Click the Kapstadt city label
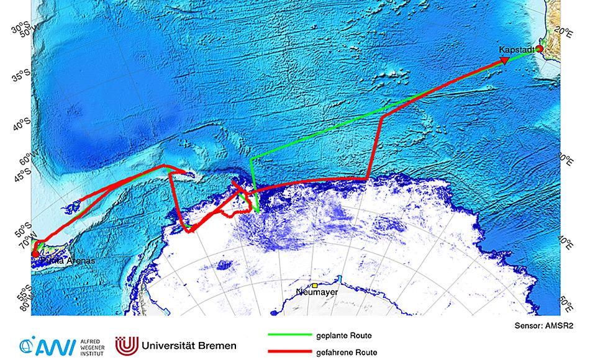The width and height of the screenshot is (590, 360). point(517,49)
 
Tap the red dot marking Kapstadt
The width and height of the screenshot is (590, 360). point(540,48)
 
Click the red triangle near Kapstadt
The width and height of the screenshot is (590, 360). point(504,60)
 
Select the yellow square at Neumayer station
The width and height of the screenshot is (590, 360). point(315,285)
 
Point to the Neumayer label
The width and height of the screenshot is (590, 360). point(314,292)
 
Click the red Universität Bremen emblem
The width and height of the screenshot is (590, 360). point(127,345)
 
